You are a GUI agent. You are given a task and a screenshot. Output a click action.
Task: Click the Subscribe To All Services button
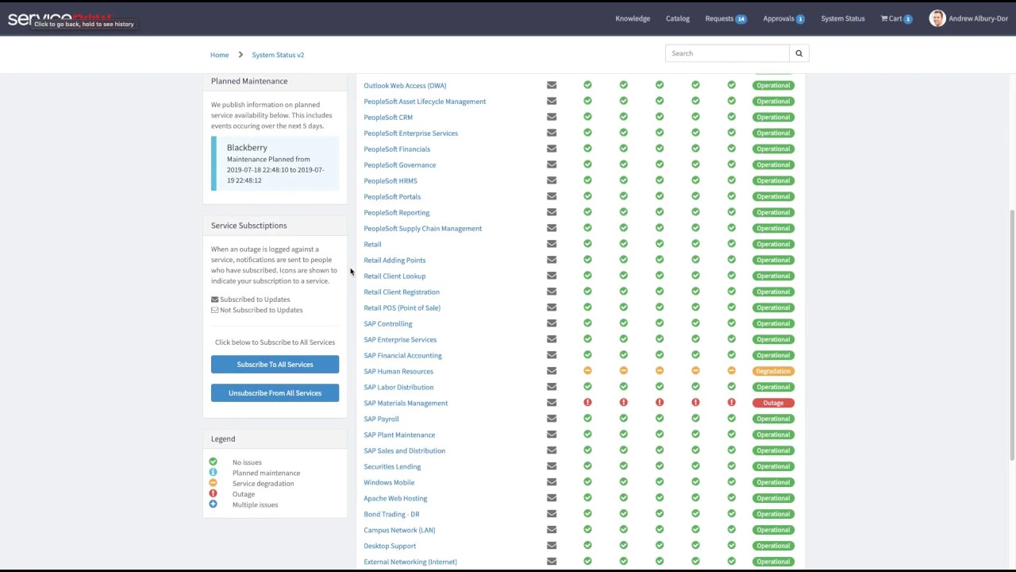click(x=275, y=365)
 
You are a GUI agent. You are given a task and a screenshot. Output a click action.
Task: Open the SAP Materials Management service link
click(x=406, y=403)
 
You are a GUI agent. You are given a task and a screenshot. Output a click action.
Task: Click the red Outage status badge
click(x=773, y=403)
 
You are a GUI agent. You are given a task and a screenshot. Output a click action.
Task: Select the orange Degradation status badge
click(x=773, y=371)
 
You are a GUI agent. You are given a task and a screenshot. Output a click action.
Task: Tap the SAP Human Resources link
click(x=398, y=371)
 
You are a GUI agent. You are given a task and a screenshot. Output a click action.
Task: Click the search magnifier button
click(x=799, y=53)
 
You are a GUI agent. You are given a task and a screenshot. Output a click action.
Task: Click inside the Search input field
click(x=727, y=53)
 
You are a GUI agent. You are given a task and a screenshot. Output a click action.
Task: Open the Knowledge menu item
click(x=633, y=18)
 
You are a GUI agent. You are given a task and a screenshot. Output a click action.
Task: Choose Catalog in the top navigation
click(x=678, y=18)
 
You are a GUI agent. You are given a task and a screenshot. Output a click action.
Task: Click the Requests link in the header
click(x=720, y=18)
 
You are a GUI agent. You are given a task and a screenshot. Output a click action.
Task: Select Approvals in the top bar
click(x=779, y=18)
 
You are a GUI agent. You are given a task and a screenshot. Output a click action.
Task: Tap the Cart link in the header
click(x=895, y=18)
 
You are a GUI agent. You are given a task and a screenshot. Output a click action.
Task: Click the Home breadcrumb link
click(x=219, y=55)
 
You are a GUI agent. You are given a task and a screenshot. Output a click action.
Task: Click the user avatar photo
click(x=937, y=18)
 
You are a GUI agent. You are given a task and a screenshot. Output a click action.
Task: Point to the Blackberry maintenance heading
click(x=247, y=148)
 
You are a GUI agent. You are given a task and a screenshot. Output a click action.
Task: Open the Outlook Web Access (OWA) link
click(x=405, y=85)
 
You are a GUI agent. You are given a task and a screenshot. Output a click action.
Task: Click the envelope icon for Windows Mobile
click(x=552, y=482)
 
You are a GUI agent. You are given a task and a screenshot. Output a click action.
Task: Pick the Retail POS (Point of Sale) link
click(x=402, y=307)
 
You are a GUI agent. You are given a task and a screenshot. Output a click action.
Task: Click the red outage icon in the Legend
click(x=213, y=493)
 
